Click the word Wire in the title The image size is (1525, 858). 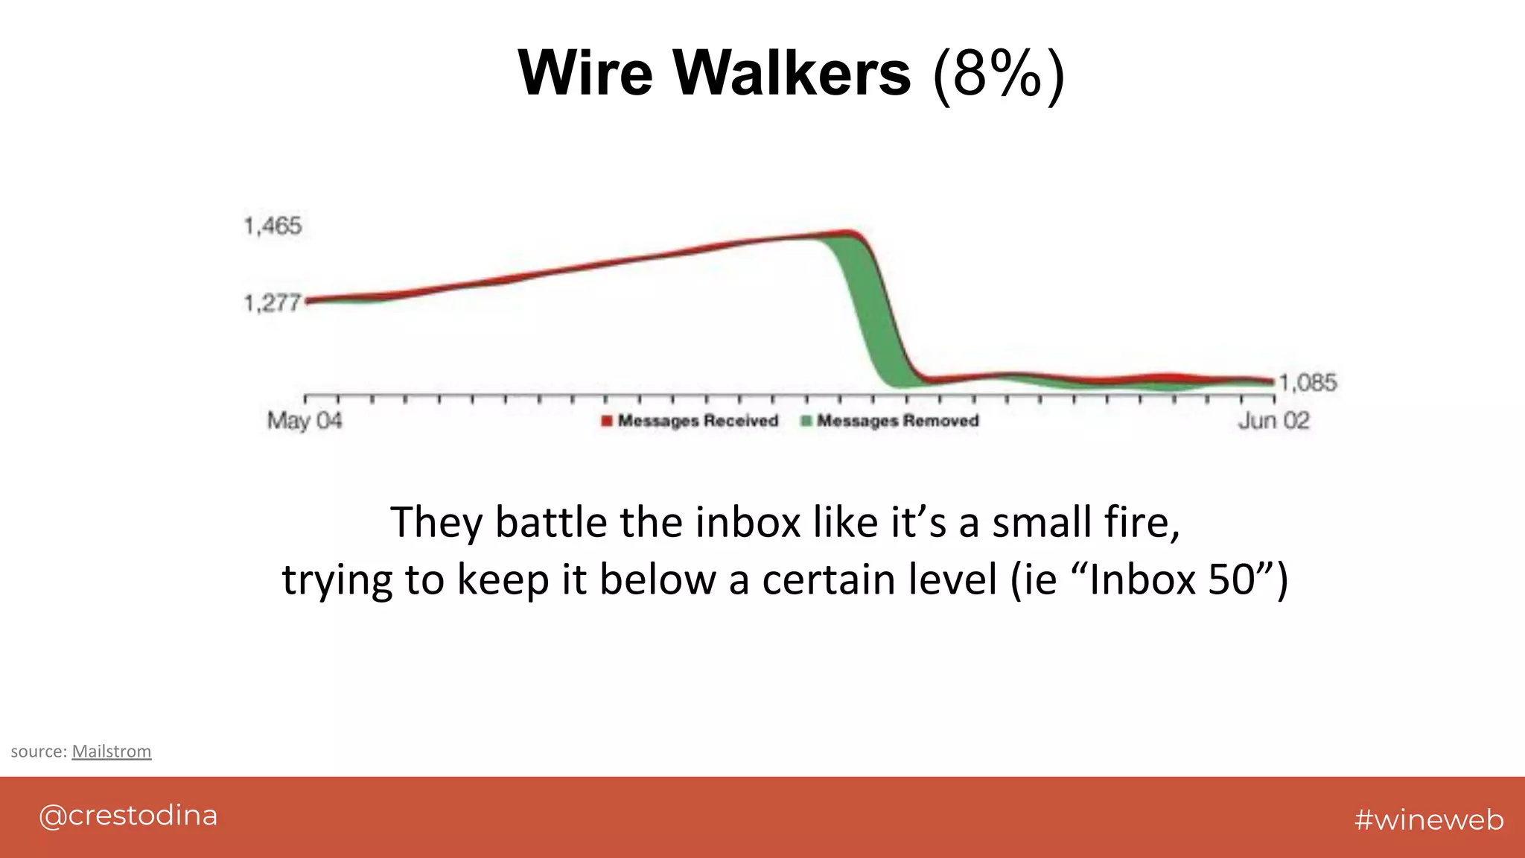(585, 73)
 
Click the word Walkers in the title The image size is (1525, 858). (792, 73)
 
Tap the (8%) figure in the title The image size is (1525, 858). (999, 74)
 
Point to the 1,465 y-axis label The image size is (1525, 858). (273, 226)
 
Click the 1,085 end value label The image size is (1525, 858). (1308, 383)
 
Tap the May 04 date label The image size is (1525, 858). (305, 421)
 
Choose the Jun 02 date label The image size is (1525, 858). (1273, 421)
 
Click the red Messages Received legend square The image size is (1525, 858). (607, 421)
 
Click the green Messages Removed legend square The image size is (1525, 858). (806, 421)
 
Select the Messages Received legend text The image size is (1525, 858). (698, 421)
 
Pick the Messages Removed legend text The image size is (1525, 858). (897, 421)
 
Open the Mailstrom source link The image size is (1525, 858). (112, 751)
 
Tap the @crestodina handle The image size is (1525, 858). (128, 816)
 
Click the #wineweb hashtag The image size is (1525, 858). (1429, 819)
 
